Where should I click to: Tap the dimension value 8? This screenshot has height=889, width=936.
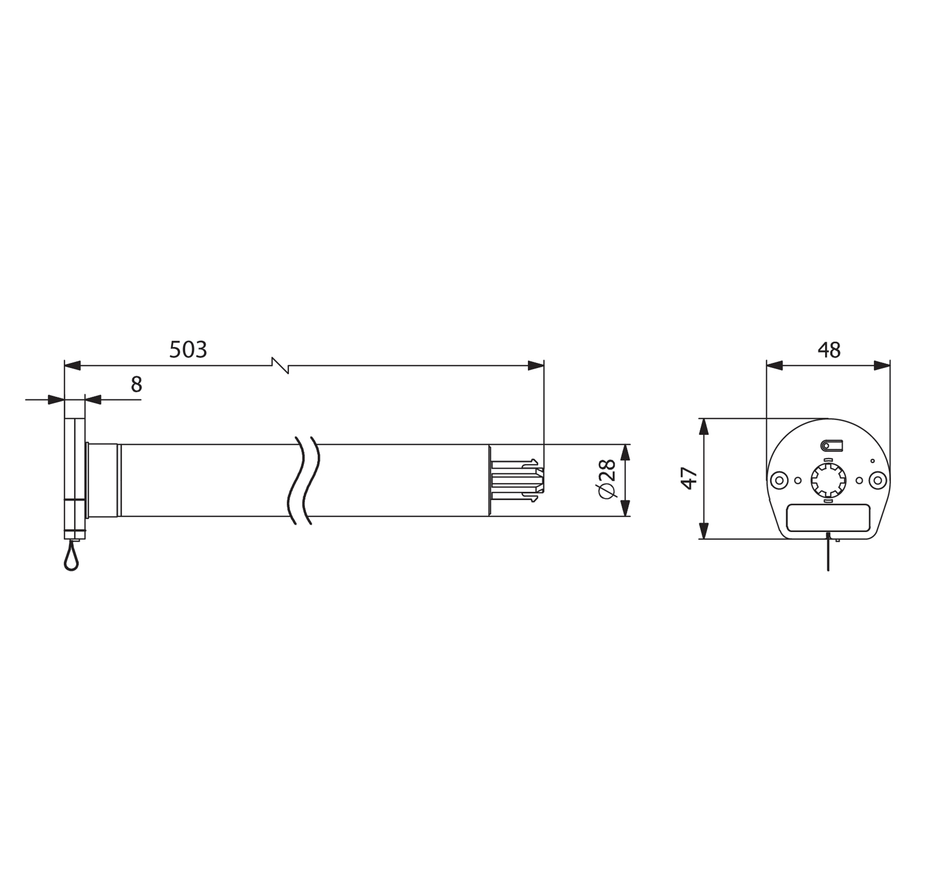(x=136, y=384)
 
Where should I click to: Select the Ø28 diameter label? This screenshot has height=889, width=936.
(x=608, y=479)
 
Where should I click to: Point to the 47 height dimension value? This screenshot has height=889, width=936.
(x=689, y=478)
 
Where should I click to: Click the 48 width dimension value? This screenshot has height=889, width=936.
(x=829, y=350)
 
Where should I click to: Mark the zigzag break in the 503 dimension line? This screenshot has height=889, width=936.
(x=280, y=366)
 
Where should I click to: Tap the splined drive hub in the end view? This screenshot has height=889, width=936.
(x=828, y=480)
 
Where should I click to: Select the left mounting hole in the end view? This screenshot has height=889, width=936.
(x=778, y=480)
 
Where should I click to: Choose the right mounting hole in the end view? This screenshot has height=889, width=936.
(x=878, y=480)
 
